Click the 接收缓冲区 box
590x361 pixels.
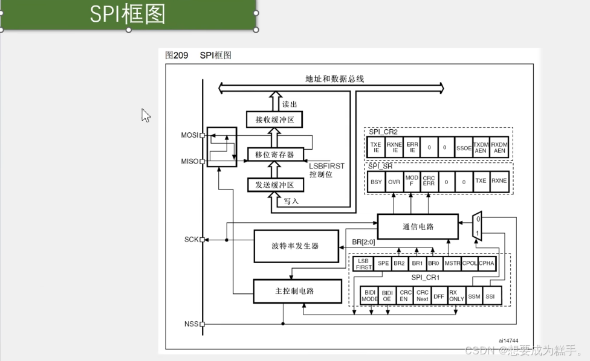(x=274, y=119)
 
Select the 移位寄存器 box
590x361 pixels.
(x=274, y=155)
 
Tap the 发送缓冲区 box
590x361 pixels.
(x=274, y=185)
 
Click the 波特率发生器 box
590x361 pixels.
(x=296, y=246)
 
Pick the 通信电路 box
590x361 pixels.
(x=418, y=226)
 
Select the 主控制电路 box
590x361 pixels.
(x=296, y=291)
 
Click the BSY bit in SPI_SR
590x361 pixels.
(x=377, y=181)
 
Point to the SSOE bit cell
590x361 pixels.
(x=464, y=147)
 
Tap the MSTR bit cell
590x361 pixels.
(x=452, y=263)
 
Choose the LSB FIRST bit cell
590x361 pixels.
(x=364, y=263)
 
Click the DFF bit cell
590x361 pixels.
(x=439, y=296)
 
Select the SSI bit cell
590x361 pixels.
(x=490, y=296)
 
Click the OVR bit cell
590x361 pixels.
(x=394, y=181)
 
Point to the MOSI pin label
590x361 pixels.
(x=190, y=135)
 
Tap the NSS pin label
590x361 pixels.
(x=191, y=324)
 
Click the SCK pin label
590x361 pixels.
(x=191, y=240)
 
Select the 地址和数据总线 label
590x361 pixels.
(x=334, y=79)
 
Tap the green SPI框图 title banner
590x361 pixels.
(x=128, y=14)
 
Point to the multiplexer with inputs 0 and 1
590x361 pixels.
(x=478, y=226)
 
